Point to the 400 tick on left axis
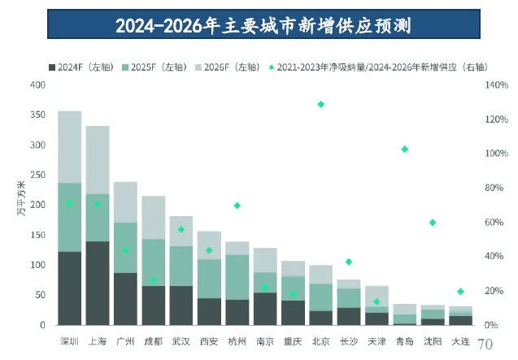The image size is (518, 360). [x=37, y=85]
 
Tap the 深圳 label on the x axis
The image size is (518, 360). [x=69, y=340]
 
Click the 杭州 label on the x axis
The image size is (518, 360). [x=237, y=340]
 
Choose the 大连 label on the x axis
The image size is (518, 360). [x=460, y=340]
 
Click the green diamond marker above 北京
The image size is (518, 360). [x=320, y=104]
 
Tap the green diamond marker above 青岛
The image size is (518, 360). [x=404, y=149]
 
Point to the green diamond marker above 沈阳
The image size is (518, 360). [x=433, y=222]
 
